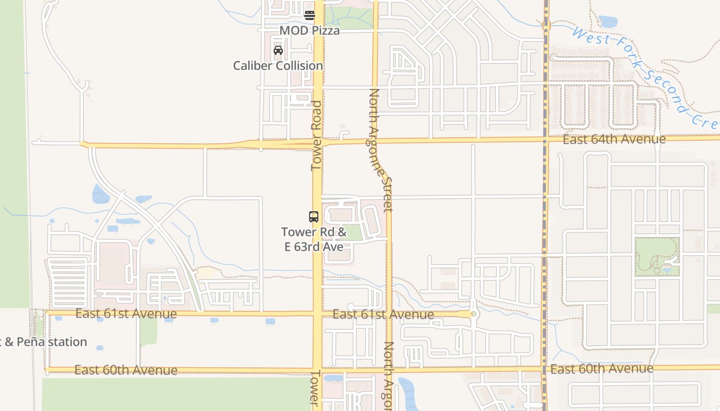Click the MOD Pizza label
click(310, 30)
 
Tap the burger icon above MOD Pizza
click(309, 15)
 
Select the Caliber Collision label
click(278, 66)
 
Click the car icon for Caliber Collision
click(278, 50)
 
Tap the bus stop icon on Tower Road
click(314, 216)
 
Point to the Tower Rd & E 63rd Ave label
click(314, 239)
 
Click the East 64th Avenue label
click(614, 139)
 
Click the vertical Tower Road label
click(316, 136)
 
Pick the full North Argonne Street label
click(381, 150)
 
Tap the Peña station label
click(45, 342)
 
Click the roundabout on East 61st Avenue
click(474, 313)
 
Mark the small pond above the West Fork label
click(608, 22)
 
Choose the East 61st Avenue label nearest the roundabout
click(383, 314)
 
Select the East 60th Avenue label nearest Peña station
click(126, 370)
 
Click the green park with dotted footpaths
click(657, 255)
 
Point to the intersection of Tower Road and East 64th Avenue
click(318, 142)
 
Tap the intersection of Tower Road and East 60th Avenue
click(318, 369)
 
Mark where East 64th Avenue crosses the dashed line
click(546, 139)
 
